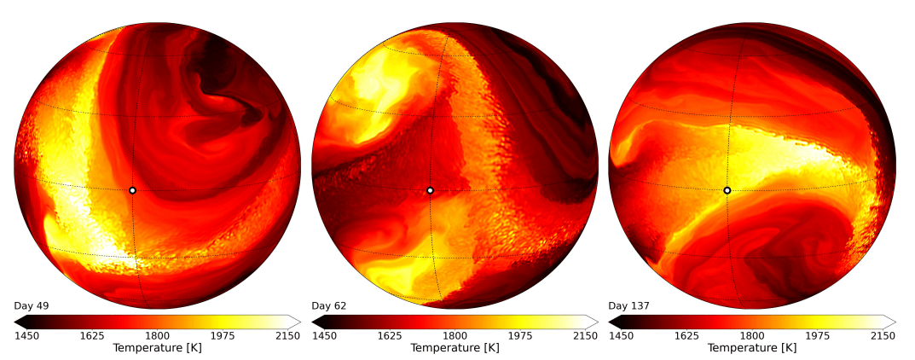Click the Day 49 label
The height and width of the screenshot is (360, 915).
[x=29, y=305]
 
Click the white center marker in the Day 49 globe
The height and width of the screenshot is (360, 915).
[x=132, y=190]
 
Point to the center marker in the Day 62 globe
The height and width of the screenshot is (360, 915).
[x=430, y=190]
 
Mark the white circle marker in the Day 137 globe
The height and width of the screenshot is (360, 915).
[x=727, y=190]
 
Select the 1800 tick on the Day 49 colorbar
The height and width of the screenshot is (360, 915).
[x=157, y=336]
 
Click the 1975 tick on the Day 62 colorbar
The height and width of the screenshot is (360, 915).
[x=519, y=336]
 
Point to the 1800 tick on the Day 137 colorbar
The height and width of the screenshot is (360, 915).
[x=751, y=336]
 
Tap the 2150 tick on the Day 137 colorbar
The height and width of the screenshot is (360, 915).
[x=882, y=336]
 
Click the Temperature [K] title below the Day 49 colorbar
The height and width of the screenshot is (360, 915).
[x=157, y=348]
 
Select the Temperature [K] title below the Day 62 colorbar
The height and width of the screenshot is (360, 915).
[x=455, y=348]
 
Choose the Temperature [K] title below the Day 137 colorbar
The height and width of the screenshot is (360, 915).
[x=751, y=348]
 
